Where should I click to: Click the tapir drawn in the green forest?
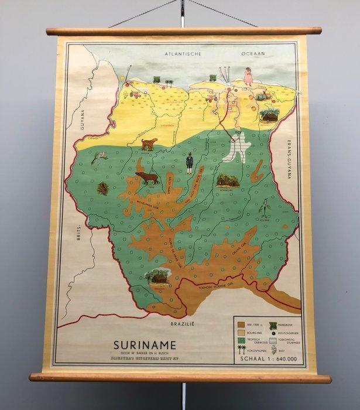click(148, 177)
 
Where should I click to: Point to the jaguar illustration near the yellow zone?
click(149, 143)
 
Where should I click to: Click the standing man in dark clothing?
click(190, 163)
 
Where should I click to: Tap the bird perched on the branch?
click(98, 157)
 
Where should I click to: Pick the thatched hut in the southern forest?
click(158, 276)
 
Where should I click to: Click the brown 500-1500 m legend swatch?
click(241, 322)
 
